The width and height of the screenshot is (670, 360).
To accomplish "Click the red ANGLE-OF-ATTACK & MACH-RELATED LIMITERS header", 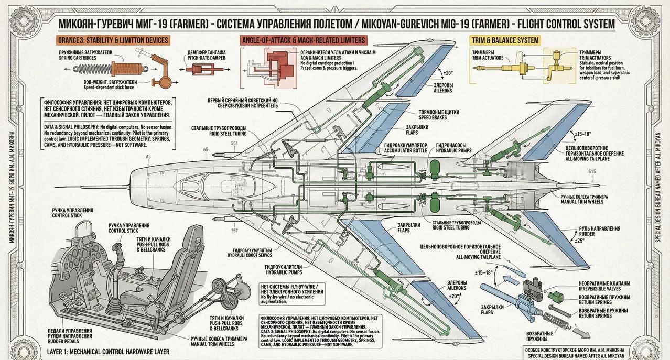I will tap(303, 40).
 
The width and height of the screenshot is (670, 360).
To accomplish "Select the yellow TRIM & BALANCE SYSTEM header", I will tap(505, 40).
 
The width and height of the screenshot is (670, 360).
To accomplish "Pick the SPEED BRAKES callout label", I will tap(438, 114).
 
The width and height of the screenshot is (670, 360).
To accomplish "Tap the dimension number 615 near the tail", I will tap(592, 172).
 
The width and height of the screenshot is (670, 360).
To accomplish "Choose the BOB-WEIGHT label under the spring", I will tap(110, 82).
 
